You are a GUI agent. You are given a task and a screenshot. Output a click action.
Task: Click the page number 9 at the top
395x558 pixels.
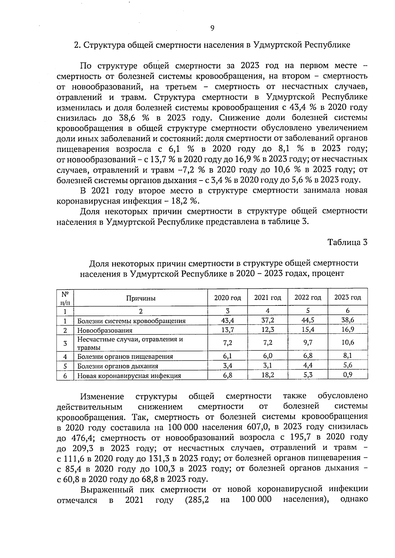(x=212, y=28)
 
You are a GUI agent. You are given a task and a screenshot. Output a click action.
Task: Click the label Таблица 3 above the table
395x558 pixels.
(x=347, y=242)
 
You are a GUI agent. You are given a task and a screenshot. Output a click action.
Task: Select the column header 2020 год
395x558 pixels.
(x=227, y=298)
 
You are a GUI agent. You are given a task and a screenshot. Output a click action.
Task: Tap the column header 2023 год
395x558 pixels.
(x=348, y=298)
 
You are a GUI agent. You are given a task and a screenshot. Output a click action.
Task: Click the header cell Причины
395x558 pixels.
(x=141, y=298)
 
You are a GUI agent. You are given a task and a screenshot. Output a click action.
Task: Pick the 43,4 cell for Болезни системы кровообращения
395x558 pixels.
(x=228, y=320)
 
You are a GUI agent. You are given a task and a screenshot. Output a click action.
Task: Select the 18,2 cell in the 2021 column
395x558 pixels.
(x=268, y=375)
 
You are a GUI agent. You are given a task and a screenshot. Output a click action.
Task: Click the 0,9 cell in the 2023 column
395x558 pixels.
(x=348, y=375)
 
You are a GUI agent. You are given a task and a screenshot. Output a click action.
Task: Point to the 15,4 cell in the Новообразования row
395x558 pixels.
(x=308, y=329)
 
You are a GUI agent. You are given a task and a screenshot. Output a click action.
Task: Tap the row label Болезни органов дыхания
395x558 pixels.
(x=118, y=366)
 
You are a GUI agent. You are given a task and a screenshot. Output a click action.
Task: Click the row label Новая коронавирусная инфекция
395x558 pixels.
(x=129, y=376)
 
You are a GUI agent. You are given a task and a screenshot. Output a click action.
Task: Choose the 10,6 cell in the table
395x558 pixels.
(x=348, y=342)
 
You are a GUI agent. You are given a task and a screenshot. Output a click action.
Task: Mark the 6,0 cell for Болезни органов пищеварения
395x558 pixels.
(x=268, y=356)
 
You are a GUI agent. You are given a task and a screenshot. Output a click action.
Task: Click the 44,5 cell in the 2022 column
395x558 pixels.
(x=308, y=320)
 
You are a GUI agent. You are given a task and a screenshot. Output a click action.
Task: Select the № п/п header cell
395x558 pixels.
(x=65, y=298)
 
